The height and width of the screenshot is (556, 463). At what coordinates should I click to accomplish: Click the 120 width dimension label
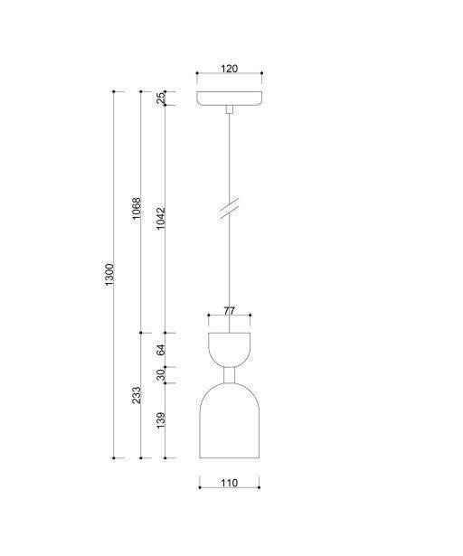[x=229, y=69]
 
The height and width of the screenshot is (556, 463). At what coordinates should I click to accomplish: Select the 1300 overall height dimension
[x=109, y=275]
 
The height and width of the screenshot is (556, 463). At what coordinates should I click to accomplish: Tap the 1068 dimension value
[x=137, y=209]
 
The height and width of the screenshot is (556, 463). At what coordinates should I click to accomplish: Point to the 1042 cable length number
[x=161, y=219]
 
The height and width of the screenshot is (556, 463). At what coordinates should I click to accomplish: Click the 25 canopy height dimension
[x=161, y=99]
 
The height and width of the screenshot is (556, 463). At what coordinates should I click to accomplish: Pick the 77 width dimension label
[x=229, y=311]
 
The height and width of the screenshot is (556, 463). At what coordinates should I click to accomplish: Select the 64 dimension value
[x=161, y=350]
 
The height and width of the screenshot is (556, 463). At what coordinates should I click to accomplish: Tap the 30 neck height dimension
[x=161, y=375]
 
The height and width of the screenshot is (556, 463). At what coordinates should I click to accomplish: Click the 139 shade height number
[x=161, y=420]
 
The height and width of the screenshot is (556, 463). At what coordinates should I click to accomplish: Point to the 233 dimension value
[x=137, y=395]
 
